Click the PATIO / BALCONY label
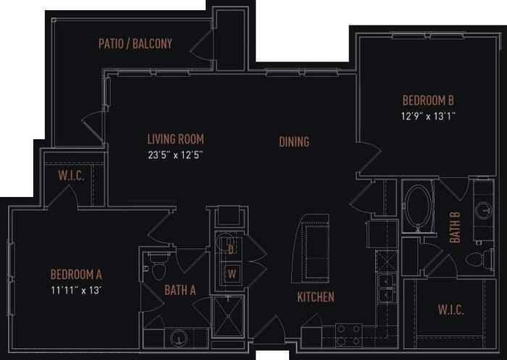(135, 44)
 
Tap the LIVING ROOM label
(175, 139)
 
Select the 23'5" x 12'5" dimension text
(175, 154)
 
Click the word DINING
(294, 142)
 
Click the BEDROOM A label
(76, 275)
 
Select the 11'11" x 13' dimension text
(76, 290)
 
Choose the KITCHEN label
(315, 297)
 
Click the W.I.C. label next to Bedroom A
(72, 175)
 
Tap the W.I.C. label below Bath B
(451, 311)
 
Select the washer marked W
(232, 273)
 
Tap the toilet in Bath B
(477, 259)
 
